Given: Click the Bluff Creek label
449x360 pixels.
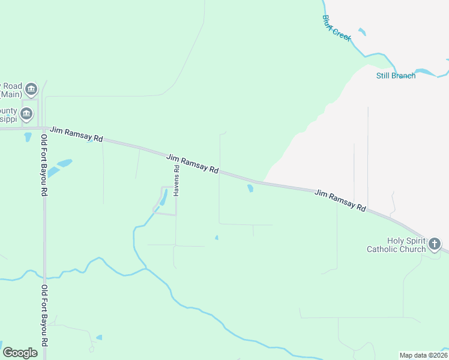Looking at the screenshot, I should click(336, 28).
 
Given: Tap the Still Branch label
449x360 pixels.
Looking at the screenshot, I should click(396, 76).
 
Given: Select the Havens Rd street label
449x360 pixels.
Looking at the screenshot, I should click(177, 180).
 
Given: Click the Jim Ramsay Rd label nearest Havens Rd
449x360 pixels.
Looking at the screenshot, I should click(192, 163).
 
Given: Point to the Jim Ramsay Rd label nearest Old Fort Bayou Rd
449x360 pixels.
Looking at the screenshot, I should click(76, 134).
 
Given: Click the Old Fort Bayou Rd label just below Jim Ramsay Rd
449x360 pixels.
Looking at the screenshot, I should click(44, 166).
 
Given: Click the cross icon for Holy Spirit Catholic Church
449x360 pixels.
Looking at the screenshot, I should click(435, 244).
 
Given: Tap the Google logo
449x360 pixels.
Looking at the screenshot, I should click(20, 353).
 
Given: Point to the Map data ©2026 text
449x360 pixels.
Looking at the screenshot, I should click(423, 355).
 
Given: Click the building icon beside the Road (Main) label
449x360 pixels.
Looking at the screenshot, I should click(32, 90).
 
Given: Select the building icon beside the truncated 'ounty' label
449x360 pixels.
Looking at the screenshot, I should click(26, 114).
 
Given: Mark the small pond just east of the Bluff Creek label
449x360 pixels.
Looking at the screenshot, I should click(361, 31).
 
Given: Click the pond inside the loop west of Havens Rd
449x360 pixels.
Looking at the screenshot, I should click(163, 199).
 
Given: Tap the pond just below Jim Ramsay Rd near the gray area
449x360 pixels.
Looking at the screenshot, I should click(250, 188).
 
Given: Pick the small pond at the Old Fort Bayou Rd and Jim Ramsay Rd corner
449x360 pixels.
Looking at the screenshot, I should click(28, 137).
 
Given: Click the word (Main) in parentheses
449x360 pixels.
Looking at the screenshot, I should click(11, 94).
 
